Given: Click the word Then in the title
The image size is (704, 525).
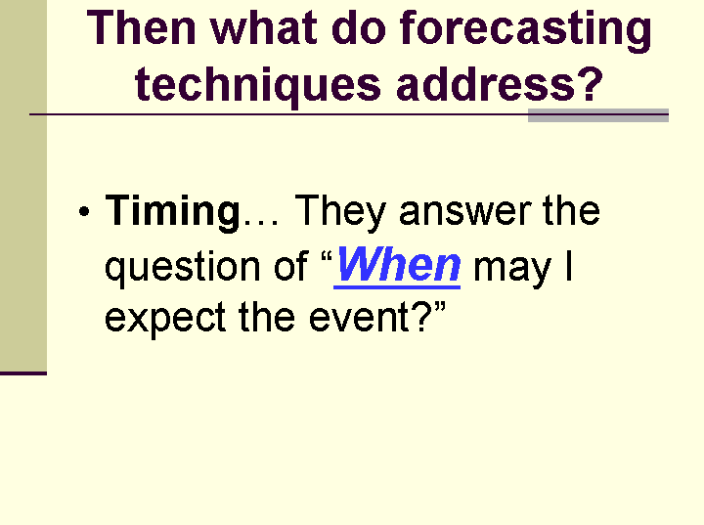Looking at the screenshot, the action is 141,27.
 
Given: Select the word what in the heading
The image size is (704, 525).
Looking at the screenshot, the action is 263,27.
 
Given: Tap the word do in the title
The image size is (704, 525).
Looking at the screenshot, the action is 358,27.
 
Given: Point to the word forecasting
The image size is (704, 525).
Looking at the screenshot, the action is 525,31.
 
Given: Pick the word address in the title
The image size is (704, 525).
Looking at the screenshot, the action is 485,83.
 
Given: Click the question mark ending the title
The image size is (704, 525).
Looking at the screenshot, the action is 590,83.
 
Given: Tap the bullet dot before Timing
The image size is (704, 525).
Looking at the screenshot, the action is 84,211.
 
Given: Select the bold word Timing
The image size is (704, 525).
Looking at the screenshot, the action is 173,212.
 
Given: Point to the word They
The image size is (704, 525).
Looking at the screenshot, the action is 340,213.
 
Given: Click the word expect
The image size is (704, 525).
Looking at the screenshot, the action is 165,319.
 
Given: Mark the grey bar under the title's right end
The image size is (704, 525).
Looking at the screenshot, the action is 598,115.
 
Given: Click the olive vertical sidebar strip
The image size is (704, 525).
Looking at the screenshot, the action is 23,186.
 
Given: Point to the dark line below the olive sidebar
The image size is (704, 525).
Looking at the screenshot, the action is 23,372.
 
